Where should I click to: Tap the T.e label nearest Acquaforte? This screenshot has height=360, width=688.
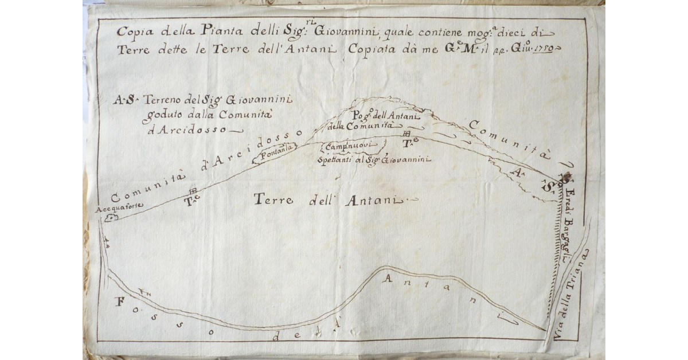(x=191, y=201)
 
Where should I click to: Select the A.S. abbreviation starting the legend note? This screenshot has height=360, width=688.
(x=123, y=100)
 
